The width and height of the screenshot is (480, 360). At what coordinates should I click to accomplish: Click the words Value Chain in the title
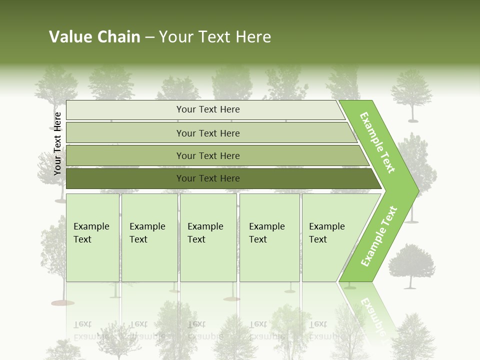(x=94, y=37)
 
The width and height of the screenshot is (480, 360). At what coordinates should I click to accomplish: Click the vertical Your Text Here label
(x=57, y=143)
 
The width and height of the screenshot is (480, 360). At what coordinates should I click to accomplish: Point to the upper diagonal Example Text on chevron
(x=378, y=142)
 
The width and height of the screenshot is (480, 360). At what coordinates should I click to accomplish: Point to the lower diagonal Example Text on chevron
(x=379, y=236)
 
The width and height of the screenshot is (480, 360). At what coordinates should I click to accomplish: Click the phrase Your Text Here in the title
(x=215, y=37)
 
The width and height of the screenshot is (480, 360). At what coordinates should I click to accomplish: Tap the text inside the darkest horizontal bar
(x=208, y=178)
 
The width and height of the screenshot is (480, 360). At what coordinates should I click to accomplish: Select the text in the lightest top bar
(x=208, y=109)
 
